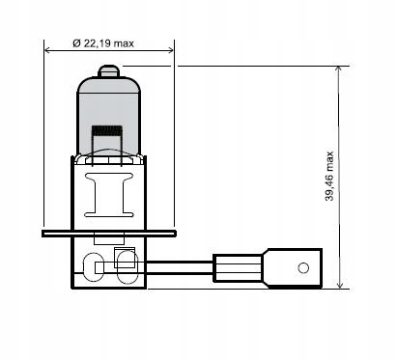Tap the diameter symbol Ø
76,43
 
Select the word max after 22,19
124,43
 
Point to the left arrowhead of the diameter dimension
48,50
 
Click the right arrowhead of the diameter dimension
170,50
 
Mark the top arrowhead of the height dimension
339,69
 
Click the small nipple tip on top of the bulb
109,71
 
